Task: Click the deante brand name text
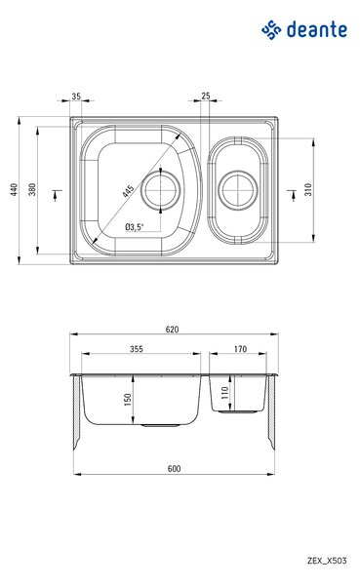(317, 30)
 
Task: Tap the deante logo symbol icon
(271, 30)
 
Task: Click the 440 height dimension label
(14, 189)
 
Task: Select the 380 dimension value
(32, 189)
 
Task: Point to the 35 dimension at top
(76, 97)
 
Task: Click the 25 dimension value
(206, 96)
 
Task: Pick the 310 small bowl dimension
(308, 189)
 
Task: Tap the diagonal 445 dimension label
(129, 191)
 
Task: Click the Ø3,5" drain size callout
(134, 226)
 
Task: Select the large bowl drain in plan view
(160, 190)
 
